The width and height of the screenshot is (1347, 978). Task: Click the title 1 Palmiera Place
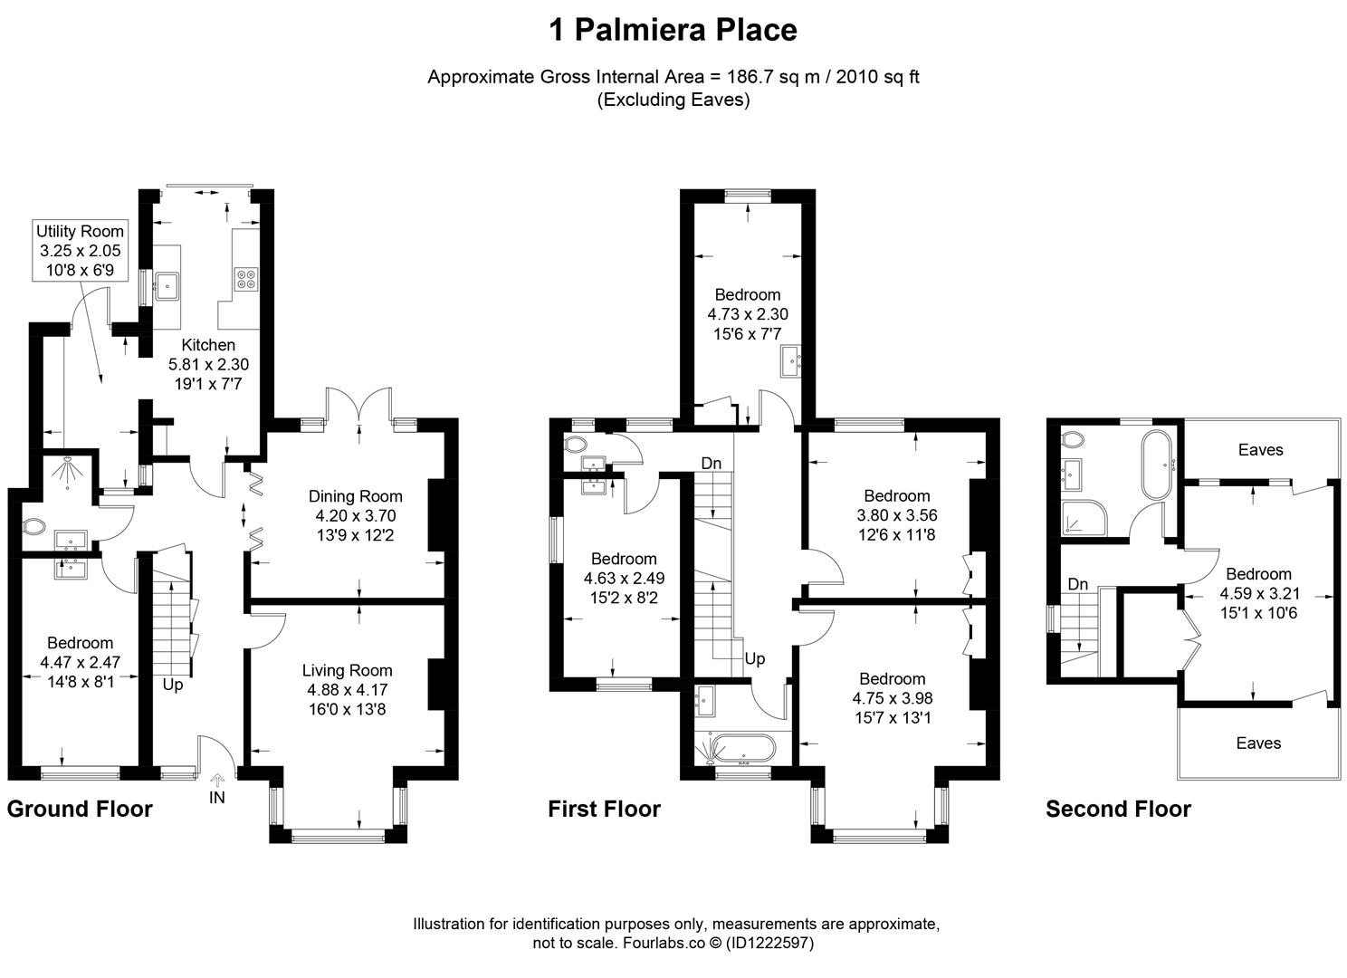[673, 30]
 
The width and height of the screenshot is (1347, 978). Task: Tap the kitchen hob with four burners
[246, 279]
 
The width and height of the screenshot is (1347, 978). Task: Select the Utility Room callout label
[80, 250]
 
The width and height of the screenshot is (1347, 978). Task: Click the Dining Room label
[356, 496]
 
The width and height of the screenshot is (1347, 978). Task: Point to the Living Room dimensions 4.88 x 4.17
[348, 689]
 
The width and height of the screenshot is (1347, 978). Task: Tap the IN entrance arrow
[217, 780]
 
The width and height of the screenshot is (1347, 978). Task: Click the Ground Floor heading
[80, 809]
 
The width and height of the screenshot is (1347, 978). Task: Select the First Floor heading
[605, 809]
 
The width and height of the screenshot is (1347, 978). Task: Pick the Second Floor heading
[1119, 809]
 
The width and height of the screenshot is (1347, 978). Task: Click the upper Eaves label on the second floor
[1260, 450]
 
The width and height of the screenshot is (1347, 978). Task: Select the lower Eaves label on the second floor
[1258, 743]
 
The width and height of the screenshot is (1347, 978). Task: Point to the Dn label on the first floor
[712, 463]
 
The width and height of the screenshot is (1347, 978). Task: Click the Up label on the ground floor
[173, 686]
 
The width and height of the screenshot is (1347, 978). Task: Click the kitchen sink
[167, 286]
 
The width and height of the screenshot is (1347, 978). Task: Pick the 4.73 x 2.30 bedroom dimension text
[748, 314]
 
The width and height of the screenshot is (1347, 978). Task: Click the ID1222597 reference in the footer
[769, 943]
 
